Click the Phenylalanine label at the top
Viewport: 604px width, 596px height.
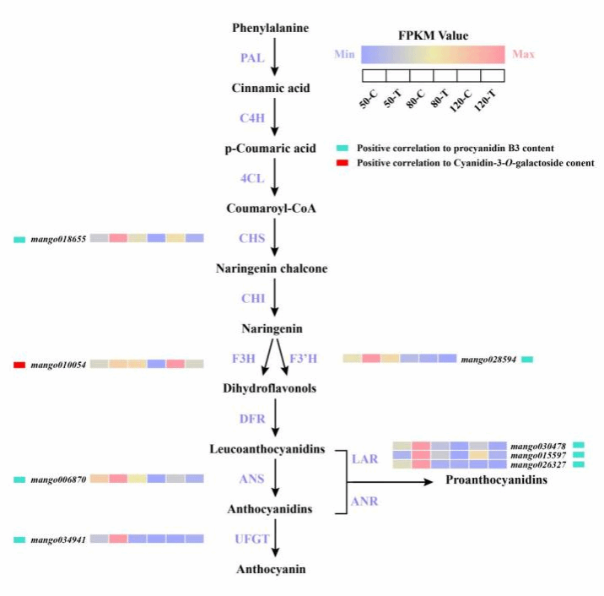271,28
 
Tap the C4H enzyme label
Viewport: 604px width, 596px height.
251,118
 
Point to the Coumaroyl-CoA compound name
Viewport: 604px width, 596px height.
271,208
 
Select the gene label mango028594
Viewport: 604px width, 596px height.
488,360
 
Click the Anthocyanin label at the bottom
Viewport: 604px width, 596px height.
271,569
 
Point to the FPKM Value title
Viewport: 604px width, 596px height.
433,35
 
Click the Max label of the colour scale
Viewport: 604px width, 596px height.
523,56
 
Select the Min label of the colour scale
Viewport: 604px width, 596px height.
344,55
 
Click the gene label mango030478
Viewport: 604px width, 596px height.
538,446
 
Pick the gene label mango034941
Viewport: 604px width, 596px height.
58,539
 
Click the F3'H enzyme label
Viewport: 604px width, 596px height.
304,359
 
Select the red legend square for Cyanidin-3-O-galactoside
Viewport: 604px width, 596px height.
341,162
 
